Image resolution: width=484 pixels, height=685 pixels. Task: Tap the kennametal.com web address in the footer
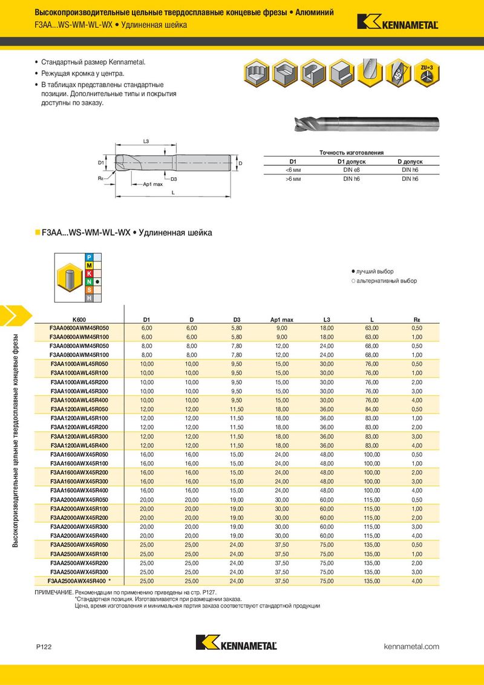[x=411, y=647]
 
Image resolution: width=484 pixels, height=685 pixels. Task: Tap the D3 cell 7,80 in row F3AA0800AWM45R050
[x=237, y=346]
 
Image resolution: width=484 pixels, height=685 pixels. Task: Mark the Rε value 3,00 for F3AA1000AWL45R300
[x=416, y=391]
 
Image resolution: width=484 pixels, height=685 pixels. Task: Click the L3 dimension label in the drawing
[x=146, y=141]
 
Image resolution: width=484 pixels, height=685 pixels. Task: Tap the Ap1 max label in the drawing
[x=152, y=183]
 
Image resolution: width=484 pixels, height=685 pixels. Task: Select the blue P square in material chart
[x=89, y=258]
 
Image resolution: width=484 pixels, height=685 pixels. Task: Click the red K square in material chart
[x=89, y=274]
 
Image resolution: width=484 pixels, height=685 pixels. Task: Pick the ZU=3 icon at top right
[x=427, y=73]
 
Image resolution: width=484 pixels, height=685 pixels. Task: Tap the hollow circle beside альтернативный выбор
[x=353, y=281]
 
